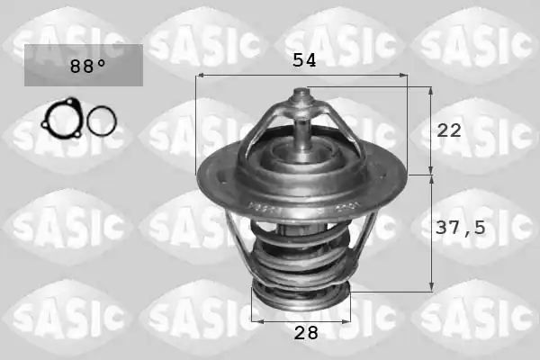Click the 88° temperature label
click(87, 66)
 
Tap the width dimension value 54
click(304, 60)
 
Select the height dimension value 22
click(449, 130)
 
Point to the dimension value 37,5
click(461, 228)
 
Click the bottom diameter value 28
click(306, 333)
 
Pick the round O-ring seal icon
click(102, 121)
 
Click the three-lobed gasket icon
click(62, 118)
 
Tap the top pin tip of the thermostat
click(301, 92)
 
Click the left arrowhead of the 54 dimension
click(200, 75)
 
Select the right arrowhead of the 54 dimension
click(403, 75)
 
